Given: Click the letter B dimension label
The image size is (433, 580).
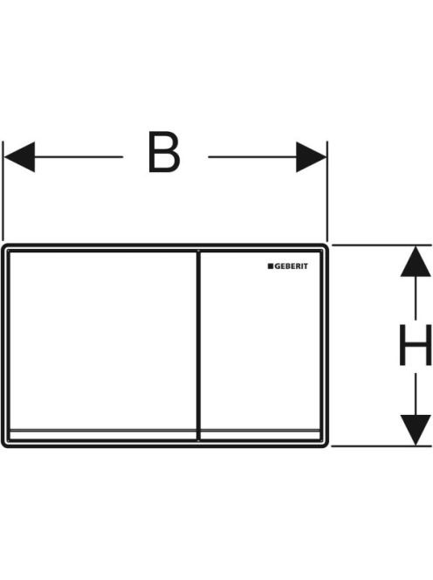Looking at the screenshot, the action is (x=164, y=152).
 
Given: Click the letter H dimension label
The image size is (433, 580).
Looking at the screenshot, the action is (x=416, y=345).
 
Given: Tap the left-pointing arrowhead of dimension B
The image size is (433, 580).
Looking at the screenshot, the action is (x=19, y=157).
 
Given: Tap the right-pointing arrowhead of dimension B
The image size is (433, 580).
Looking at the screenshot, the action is (x=311, y=157).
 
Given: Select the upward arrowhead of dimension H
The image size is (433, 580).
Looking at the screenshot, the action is (x=416, y=261).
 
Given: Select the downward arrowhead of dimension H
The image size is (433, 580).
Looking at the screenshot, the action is (x=416, y=430).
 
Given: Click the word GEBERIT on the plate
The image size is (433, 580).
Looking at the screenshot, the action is (x=291, y=266).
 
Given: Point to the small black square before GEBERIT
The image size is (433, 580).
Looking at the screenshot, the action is (x=271, y=266).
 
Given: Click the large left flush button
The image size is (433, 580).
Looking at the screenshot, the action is (x=103, y=341).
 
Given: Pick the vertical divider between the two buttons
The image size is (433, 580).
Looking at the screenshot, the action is (x=198, y=346).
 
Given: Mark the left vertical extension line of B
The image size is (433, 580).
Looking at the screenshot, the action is (x=3, y=191).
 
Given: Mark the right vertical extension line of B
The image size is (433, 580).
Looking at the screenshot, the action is (x=327, y=191).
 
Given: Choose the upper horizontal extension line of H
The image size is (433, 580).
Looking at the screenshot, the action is (x=381, y=245).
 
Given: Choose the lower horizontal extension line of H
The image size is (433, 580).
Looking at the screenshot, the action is (x=381, y=446).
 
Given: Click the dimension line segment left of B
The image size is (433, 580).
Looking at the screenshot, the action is (x=79, y=157).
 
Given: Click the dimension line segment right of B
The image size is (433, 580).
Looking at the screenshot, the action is (x=252, y=157).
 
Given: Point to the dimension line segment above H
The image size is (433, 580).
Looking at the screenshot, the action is (x=416, y=298).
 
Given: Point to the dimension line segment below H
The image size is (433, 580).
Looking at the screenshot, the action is (x=416, y=394).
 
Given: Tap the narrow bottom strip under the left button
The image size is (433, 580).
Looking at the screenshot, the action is (x=103, y=435).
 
